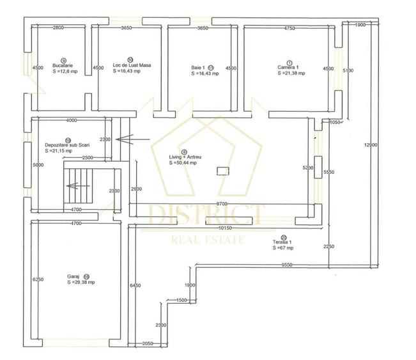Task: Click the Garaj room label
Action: point(73,277)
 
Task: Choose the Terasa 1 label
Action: point(282,243)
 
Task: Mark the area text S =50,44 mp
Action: point(183,163)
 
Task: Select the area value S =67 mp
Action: point(282,248)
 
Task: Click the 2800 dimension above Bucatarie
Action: point(59,28)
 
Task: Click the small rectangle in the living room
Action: point(223,170)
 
